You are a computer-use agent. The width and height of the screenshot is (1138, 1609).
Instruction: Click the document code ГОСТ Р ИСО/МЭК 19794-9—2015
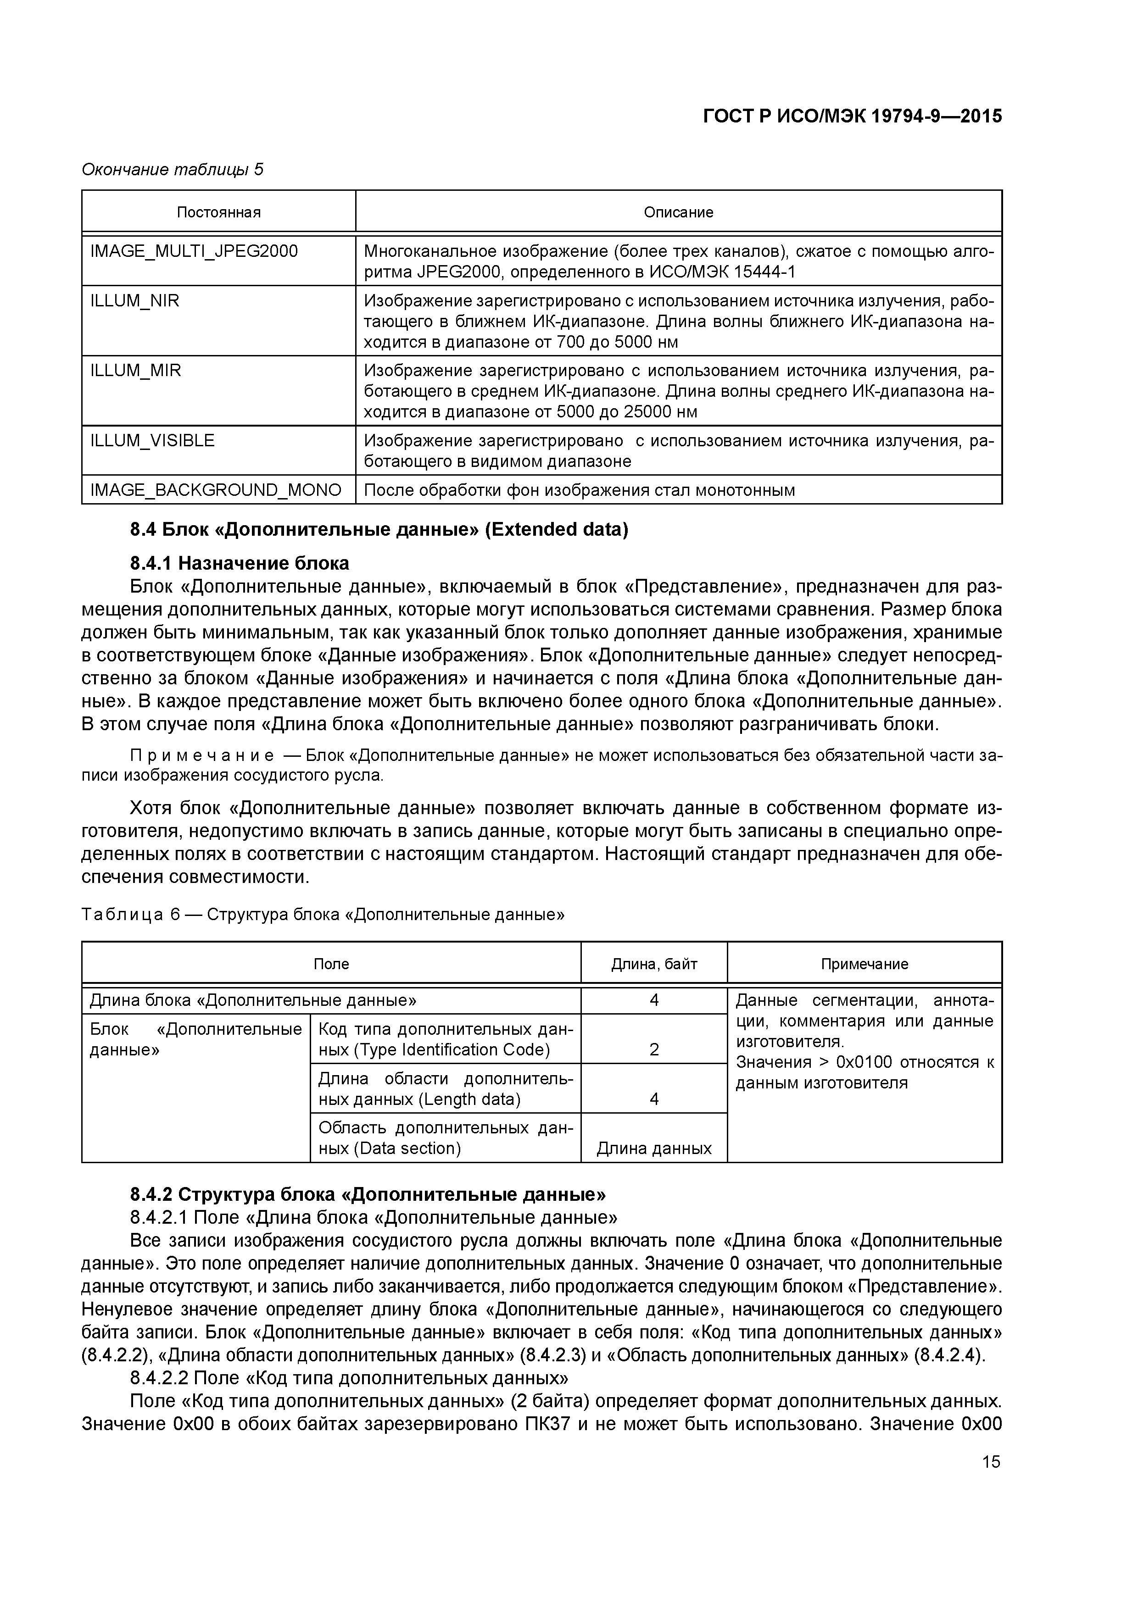tap(852, 117)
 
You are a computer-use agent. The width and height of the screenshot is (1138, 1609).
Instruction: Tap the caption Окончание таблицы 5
tap(173, 170)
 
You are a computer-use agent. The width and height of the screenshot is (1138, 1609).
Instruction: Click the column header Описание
tap(678, 212)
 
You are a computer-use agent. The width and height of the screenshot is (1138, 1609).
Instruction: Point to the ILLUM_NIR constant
tap(134, 300)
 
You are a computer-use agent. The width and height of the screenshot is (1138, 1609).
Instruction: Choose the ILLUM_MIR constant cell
tap(135, 371)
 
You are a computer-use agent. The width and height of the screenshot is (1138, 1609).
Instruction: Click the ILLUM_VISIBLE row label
tap(152, 441)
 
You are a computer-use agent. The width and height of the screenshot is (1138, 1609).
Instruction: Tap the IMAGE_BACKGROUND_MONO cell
tap(216, 490)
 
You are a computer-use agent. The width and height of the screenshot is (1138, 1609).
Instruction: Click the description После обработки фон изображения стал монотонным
tap(579, 490)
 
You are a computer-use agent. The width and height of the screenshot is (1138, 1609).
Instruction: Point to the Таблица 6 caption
tap(323, 915)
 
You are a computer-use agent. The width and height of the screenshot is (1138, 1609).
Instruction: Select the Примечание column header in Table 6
tap(864, 964)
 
